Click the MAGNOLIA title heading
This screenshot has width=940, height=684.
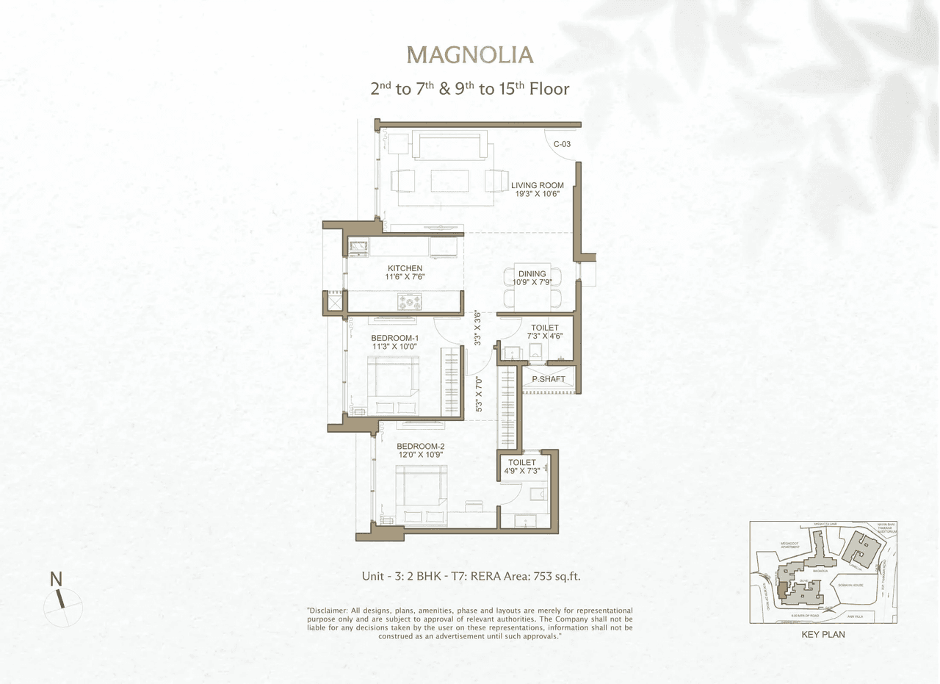pos(470,55)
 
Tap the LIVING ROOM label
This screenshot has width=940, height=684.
pos(537,185)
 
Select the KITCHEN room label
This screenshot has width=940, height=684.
pos(405,268)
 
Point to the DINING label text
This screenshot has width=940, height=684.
pos(532,274)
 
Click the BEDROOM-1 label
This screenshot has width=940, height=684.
pos(394,338)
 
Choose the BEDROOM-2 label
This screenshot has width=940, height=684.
pos(420,446)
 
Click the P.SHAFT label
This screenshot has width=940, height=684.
pos(548,379)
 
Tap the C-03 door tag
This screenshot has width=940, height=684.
pos(562,144)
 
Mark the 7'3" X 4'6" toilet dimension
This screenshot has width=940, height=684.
pos(544,336)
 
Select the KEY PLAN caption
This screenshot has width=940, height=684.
pos(822,634)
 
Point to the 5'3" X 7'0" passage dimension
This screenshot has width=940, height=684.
pos(478,394)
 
